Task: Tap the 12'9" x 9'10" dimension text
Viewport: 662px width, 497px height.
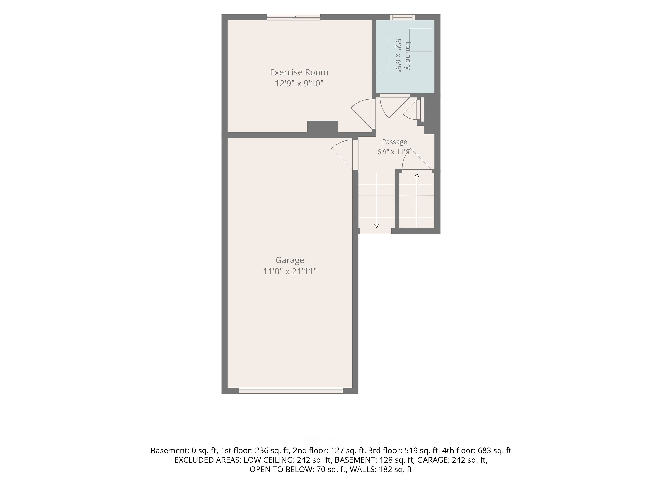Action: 299,83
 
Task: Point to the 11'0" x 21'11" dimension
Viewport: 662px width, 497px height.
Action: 290,271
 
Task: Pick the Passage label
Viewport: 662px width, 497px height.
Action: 394,142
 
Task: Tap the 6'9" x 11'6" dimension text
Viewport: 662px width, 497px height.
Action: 394,152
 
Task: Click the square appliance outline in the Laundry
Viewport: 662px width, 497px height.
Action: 420,40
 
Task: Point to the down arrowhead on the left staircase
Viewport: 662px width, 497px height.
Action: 377,226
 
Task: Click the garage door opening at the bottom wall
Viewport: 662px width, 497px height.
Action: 291,391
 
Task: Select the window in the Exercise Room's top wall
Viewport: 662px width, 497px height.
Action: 294,17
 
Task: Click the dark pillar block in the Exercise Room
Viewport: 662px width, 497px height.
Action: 323,127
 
